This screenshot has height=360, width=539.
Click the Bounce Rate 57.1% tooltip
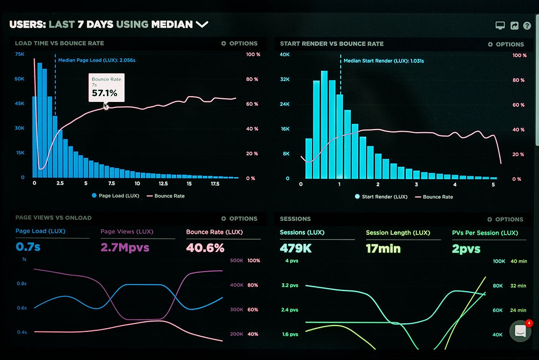tap(107, 87)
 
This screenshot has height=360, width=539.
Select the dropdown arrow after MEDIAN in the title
tap(202, 24)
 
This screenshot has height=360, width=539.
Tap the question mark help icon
tap(527, 25)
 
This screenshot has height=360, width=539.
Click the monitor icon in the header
tap(500, 25)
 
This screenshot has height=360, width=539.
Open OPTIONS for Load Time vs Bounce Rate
tap(240, 43)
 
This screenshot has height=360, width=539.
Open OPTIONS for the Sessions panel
tap(505, 219)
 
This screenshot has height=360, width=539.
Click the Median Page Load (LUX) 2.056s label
tap(97, 61)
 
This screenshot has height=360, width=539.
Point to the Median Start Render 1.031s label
tap(384, 61)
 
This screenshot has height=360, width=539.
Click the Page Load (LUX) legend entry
tap(116, 196)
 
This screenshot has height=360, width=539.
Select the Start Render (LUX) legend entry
tap(381, 197)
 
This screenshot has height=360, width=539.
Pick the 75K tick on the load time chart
tap(20, 55)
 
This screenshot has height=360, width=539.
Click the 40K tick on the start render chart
tap(285, 55)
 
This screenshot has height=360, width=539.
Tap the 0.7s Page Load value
tap(28, 248)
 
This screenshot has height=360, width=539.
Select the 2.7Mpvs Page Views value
tap(125, 248)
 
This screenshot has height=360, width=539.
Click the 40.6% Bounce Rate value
tap(205, 248)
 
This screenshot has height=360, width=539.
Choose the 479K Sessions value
tap(295, 248)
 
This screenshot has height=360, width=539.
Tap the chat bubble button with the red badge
tap(520, 331)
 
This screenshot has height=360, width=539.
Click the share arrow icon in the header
tap(514, 25)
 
